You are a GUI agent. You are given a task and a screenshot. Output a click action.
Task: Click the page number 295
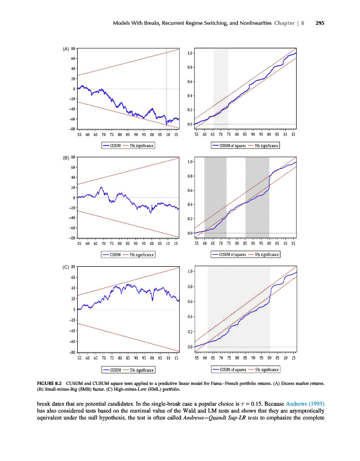tap(321, 24)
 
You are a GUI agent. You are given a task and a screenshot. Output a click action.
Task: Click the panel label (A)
tap(66, 48)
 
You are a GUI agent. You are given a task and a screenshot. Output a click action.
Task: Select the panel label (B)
tap(66, 157)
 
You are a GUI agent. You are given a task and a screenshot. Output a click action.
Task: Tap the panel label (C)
tap(66, 267)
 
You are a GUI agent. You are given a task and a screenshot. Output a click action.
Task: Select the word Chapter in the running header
tap(289, 24)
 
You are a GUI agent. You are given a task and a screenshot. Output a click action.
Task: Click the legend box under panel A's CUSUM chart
tap(127, 146)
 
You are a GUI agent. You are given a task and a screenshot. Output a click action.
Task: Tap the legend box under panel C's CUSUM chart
tap(127, 369)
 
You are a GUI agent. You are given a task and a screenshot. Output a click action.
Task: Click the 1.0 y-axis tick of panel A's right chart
tap(190, 54)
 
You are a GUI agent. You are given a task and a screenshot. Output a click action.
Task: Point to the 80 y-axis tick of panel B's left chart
tap(73, 157)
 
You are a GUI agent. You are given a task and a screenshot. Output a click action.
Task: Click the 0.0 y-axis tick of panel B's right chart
tap(190, 233)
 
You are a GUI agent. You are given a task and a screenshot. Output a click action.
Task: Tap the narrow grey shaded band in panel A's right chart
tap(221, 86)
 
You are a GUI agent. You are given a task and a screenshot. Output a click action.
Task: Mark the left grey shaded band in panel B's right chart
tap(215, 196)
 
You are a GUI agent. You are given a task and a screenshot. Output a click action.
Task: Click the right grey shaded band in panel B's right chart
tap(257, 196)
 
